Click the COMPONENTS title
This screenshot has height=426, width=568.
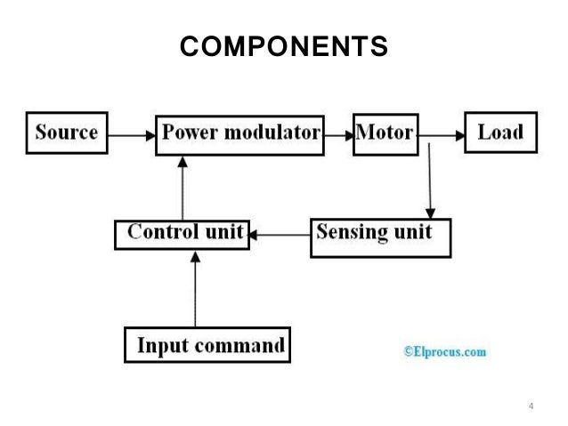tap(284, 46)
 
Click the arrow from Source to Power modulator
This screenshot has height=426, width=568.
tap(132, 136)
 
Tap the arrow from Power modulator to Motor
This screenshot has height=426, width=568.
tap(338, 136)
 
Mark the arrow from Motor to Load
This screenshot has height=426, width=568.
tap(442, 136)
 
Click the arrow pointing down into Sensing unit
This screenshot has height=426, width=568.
tap(430, 181)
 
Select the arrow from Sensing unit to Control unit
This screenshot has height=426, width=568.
tap(280, 235)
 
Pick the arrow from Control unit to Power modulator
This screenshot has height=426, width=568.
tap(183, 189)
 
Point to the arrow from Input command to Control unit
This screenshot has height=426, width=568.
tap(195, 290)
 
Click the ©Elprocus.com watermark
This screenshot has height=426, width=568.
tap(445, 351)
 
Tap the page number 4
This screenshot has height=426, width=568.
tap(531, 406)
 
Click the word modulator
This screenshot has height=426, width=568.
tap(272, 133)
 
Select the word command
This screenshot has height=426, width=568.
tap(239, 345)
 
